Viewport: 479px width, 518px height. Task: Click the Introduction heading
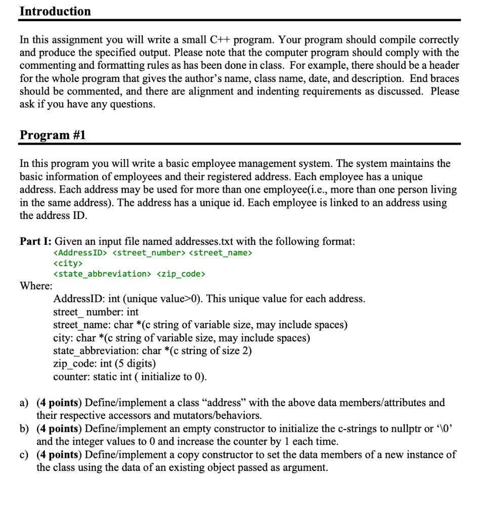click(55, 11)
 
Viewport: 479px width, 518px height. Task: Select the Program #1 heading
click(52, 135)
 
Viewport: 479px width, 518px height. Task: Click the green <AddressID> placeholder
click(80, 252)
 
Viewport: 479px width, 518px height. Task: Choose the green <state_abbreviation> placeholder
click(102, 274)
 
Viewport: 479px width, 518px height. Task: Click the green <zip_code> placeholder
click(181, 274)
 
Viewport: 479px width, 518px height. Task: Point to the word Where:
click(36, 286)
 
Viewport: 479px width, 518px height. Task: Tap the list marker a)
click(24, 403)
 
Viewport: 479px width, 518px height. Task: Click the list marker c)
click(24, 454)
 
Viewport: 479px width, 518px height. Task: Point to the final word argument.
click(305, 467)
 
